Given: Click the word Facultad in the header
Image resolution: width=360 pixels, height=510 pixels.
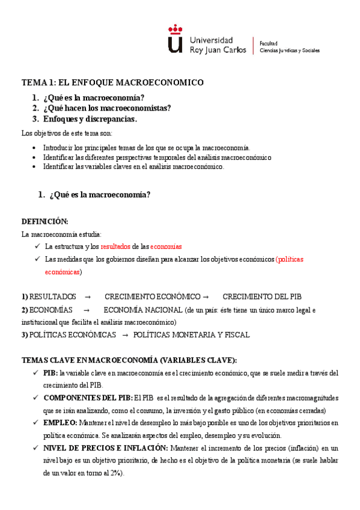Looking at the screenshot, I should pyautogui.click(x=268, y=43).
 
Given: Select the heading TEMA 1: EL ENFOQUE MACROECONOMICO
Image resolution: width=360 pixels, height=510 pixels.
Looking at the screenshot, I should pyautogui.click(x=112, y=82).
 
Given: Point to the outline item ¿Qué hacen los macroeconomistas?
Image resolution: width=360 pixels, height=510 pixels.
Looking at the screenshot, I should pyautogui.click(x=107, y=108).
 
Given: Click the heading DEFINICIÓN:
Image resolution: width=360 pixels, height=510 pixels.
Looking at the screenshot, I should pyautogui.click(x=45, y=221).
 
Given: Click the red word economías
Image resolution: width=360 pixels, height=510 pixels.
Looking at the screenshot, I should pyautogui.click(x=166, y=247).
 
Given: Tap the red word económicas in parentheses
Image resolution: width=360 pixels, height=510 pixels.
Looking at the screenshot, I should pyautogui.click(x=62, y=272).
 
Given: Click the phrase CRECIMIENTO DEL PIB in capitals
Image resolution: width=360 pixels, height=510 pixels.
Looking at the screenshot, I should pyautogui.click(x=262, y=296).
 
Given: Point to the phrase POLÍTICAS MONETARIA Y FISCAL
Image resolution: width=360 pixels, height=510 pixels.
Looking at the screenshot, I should pyautogui.click(x=191, y=335).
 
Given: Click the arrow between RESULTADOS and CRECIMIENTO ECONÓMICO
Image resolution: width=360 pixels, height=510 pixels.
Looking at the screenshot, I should pyautogui.click(x=88, y=296).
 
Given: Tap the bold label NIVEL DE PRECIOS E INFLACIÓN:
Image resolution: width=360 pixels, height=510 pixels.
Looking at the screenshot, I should pyautogui.click(x=106, y=448).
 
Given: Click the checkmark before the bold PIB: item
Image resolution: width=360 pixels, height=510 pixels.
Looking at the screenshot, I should pyautogui.click(x=37, y=373).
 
